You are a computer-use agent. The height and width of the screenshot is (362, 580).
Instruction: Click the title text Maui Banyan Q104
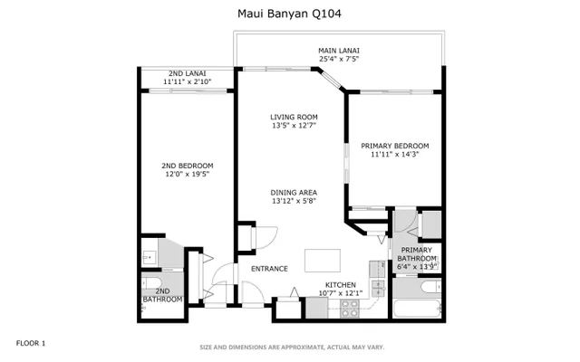289,14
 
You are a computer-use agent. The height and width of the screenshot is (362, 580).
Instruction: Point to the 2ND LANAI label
188,73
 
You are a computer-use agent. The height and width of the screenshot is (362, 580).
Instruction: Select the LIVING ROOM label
294,117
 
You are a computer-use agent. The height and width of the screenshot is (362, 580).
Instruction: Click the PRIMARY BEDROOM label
394,146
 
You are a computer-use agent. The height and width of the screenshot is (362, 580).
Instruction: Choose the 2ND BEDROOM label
188,166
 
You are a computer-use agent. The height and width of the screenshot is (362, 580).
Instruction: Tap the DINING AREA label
294,192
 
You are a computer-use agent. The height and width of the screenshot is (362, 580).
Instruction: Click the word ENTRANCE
269,269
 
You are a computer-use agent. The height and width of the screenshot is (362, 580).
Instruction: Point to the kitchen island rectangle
323,260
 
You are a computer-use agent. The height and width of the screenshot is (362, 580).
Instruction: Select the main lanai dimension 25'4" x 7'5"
339,60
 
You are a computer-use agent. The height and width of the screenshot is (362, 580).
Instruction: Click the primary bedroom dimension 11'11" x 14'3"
394,155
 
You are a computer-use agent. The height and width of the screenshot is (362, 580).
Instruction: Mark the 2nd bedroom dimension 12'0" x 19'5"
188,175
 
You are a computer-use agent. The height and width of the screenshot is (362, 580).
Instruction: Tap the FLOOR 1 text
31,343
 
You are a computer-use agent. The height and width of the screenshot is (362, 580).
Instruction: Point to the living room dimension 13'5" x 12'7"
294,126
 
